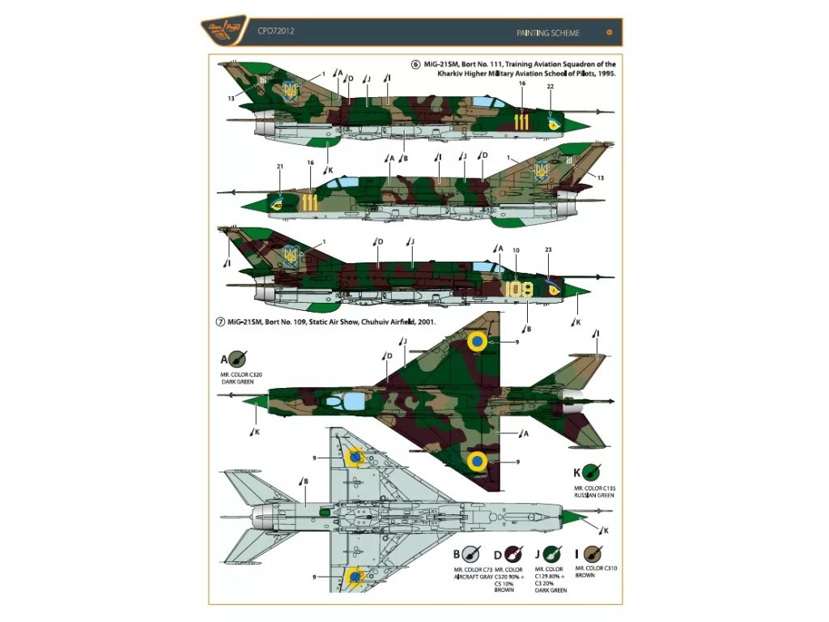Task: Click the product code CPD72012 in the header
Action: (275, 32)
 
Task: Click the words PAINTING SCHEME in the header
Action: (546, 33)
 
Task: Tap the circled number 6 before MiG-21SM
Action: (416, 64)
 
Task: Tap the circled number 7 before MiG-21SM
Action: (219, 322)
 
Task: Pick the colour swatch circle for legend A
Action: (239, 359)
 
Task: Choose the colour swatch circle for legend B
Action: (471, 555)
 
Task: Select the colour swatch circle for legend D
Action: (512, 555)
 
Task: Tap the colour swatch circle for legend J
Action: (553, 555)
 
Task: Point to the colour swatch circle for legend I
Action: (594, 555)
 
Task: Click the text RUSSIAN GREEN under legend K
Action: (595, 495)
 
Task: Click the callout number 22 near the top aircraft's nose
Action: (550, 87)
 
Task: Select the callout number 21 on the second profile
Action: (280, 167)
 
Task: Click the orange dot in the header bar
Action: (610, 33)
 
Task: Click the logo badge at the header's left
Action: (230, 33)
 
